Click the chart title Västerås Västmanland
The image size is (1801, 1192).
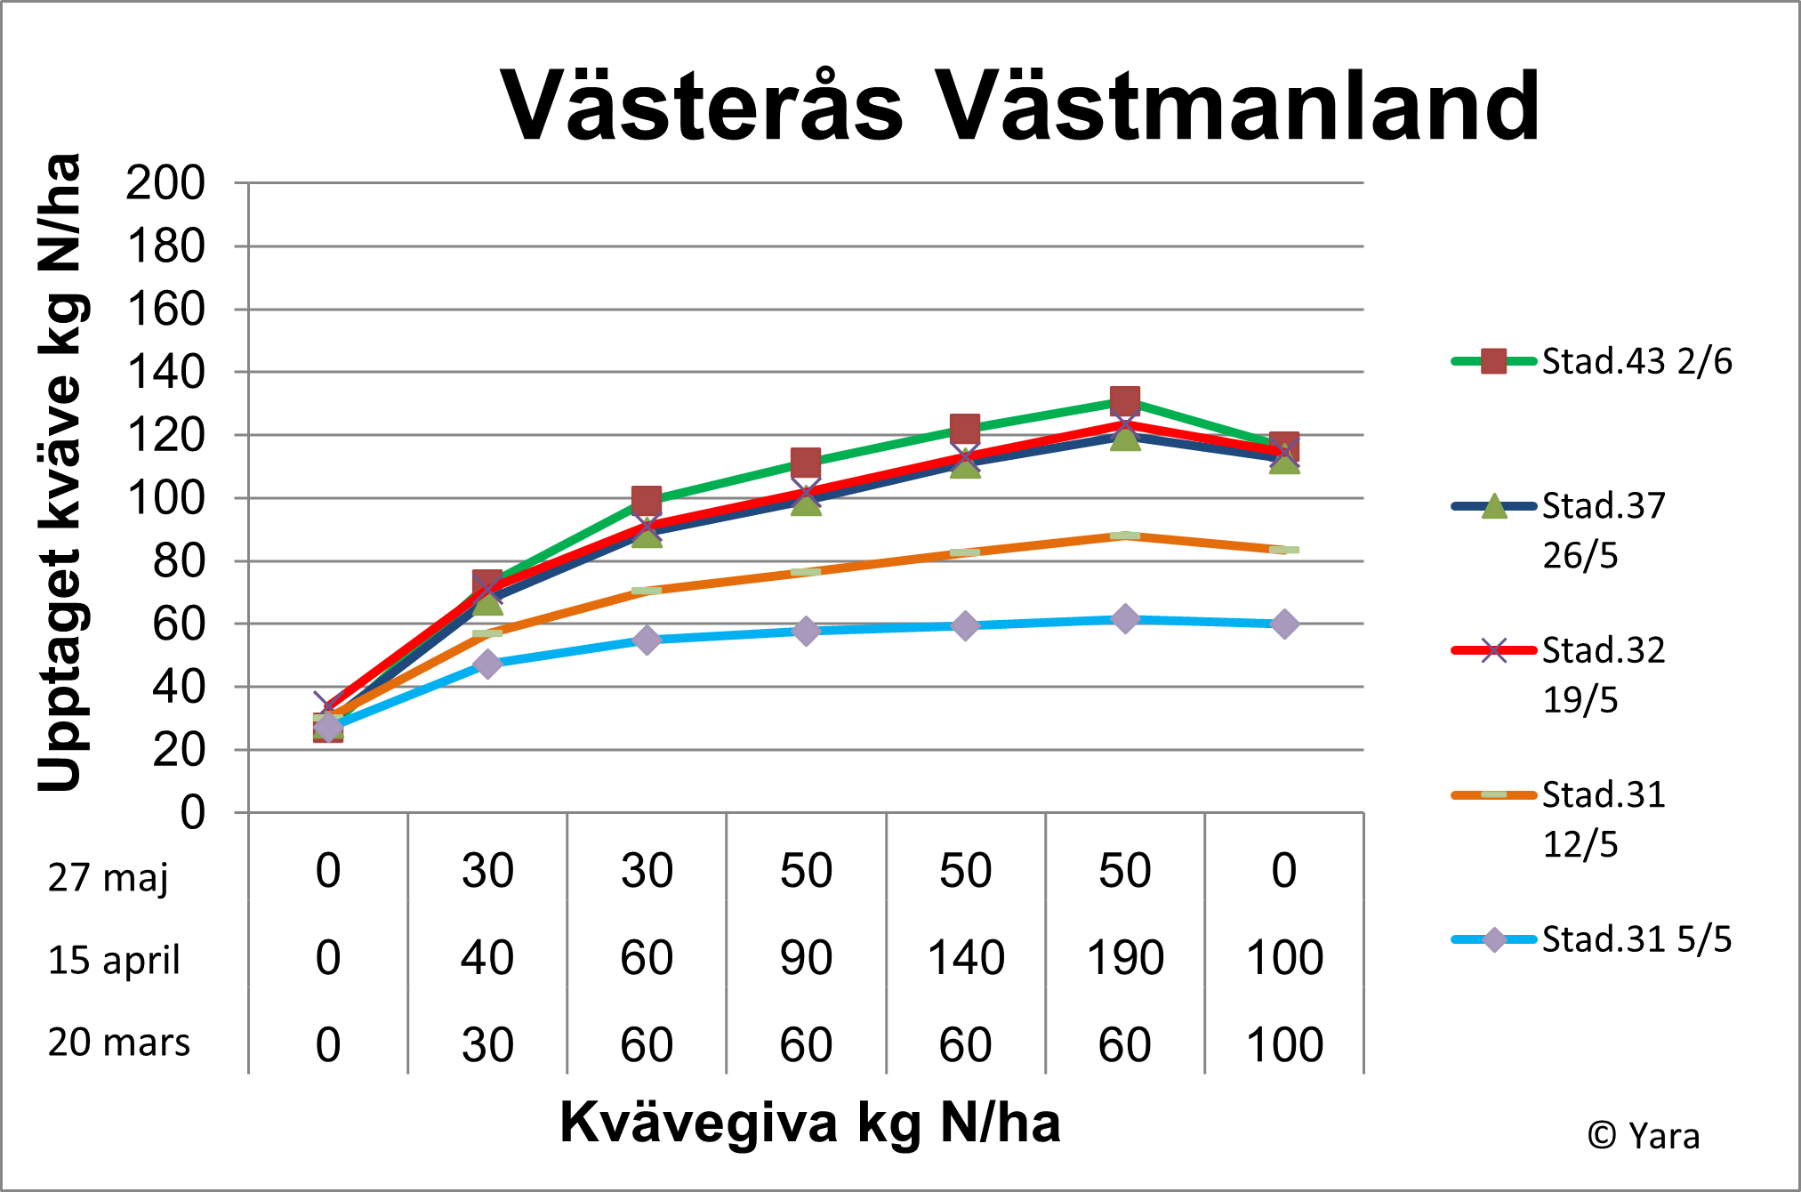(x=1019, y=107)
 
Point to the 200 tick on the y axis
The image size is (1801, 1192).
(x=165, y=184)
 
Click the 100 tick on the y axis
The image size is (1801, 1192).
(x=165, y=499)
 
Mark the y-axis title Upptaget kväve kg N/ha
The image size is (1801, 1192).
(x=60, y=471)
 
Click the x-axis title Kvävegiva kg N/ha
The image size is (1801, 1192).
(x=809, y=1122)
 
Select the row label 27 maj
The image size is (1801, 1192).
(x=108, y=877)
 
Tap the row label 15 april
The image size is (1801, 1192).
(x=114, y=960)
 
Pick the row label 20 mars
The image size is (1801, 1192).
(x=119, y=1043)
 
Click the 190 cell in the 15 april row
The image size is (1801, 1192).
(x=1125, y=958)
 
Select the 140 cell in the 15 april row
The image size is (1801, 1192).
(x=966, y=958)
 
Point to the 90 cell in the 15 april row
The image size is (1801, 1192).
(x=806, y=958)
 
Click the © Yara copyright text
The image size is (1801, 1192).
(x=1644, y=1136)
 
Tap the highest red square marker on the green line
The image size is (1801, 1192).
(x=1125, y=400)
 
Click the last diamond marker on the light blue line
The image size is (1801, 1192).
(x=1284, y=624)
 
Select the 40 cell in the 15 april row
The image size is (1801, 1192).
(x=487, y=958)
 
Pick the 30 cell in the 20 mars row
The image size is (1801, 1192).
(x=487, y=1044)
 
